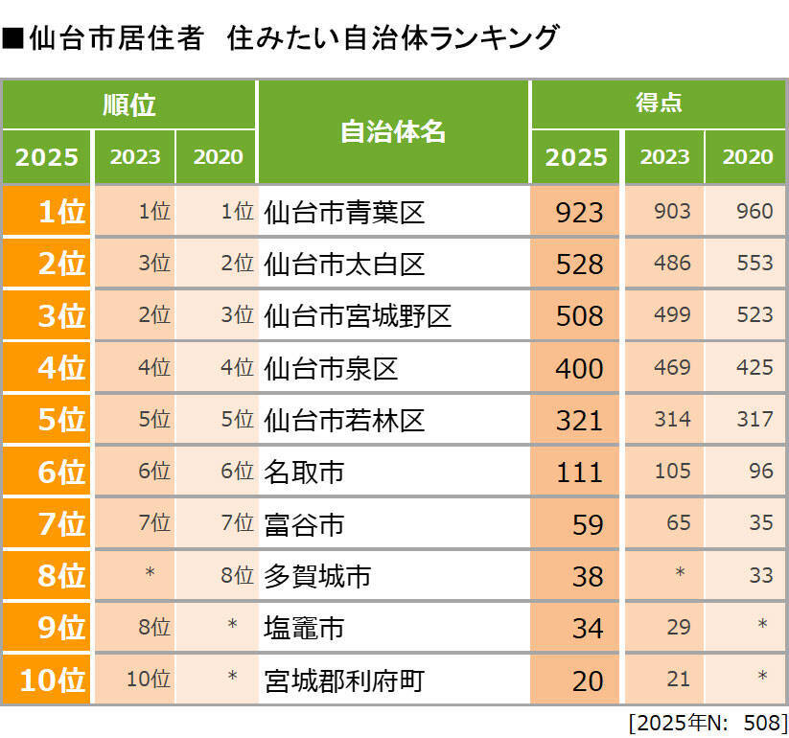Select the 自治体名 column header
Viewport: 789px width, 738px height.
pyautogui.click(x=393, y=132)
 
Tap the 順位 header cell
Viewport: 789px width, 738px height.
pyautogui.click(x=128, y=104)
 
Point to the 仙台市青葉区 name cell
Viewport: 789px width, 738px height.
pyautogui.click(x=344, y=212)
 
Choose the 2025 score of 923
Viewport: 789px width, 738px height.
pyautogui.click(x=579, y=212)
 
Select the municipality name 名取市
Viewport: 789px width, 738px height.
pyautogui.click(x=304, y=472)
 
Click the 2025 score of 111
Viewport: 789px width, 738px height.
pyautogui.click(x=579, y=472)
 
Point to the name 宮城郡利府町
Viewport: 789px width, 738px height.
pyautogui.click(x=344, y=680)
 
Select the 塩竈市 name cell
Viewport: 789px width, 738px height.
pyautogui.click(x=304, y=629)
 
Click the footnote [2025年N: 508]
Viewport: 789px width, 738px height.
pyautogui.click(x=707, y=721)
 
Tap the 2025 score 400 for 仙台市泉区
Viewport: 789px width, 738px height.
pyautogui.click(x=579, y=368)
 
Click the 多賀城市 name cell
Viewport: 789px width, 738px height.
pyautogui.click(x=317, y=576)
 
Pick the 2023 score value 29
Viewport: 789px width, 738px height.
pyautogui.click(x=678, y=628)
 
